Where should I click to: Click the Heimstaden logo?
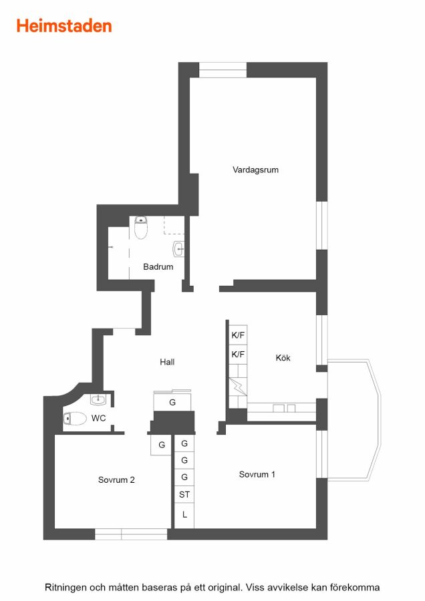tap(64, 26)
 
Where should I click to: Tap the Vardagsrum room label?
tap(255, 170)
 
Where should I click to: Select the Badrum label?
tap(158, 266)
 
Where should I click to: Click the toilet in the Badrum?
tap(141, 227)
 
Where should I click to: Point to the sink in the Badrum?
tap(178, 249)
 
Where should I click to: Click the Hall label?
tap(167, 362)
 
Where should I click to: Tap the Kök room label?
tap(283, 358)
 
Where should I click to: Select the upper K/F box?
tap(238, 335)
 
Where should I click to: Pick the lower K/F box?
tap(238, 354)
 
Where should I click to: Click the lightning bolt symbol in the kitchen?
tap(238, 387)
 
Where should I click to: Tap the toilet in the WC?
tap(75, 419)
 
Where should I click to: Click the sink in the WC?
tap(98, 400)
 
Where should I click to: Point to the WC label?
tap(99, 418)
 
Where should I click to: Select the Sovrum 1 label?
tap(257, 474)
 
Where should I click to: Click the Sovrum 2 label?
tap(116, 480)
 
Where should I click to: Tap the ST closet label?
tap(184, 494)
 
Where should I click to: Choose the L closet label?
tap(184, 515)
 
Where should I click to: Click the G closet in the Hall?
tap(172, 402)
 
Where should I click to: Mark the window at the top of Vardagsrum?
tap(223, 69)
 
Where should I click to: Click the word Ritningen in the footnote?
tap(65, 588)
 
